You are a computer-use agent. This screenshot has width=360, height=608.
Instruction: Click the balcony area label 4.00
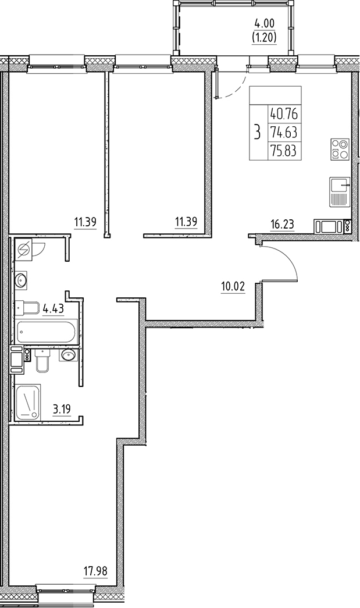[263, 25]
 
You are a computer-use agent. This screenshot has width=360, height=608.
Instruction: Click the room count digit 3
[256, 131]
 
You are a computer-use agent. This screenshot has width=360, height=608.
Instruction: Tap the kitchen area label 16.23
[282, 222]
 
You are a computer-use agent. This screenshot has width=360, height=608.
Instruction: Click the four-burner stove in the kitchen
[340, 149]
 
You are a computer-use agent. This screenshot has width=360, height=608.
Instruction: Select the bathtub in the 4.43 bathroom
[45, 333]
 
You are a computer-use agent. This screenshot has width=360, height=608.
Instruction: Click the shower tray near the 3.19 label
[28, 402]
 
